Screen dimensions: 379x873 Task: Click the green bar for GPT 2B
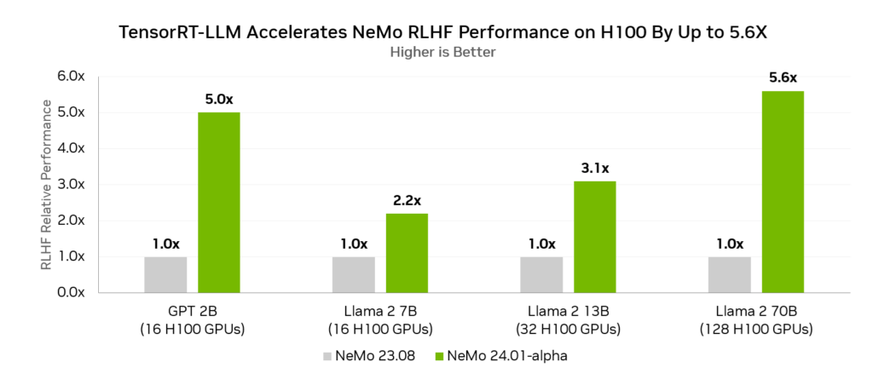pyautogui.click(x=218, y=202)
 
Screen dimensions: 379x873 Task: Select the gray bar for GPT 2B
pyautogui.click(x=165, y=274)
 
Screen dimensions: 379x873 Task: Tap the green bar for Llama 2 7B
pyautogui.click(x=406, y=252)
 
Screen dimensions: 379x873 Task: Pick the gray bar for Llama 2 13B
pyautogui.click(x=541, y=274)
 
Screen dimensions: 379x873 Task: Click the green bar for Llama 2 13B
pyautogui.click(x=594, y=236)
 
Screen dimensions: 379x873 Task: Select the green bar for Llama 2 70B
pyautogui.click(x=783, y=191)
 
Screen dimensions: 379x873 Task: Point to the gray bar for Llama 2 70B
pyautogui.click(x=729, y=274)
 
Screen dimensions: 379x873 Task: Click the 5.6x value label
pyautogui.click(x=783, y=78)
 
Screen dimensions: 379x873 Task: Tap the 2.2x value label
pyautogui.click(x=406, y=201)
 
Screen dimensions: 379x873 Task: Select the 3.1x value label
pyautogui.click(x=594, y=169)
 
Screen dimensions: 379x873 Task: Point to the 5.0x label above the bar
pyautogui.click(x=218, y=99)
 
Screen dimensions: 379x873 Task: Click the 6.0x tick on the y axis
pyautogui.click(x=70, y=77)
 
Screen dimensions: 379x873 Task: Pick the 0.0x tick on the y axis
pyautogui.click(x=70, y=292)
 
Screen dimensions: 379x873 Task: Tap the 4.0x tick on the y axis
pyautogui.click(x=70, y=148)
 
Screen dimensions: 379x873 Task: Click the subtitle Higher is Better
pyautogui.click(x=442, y=52)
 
